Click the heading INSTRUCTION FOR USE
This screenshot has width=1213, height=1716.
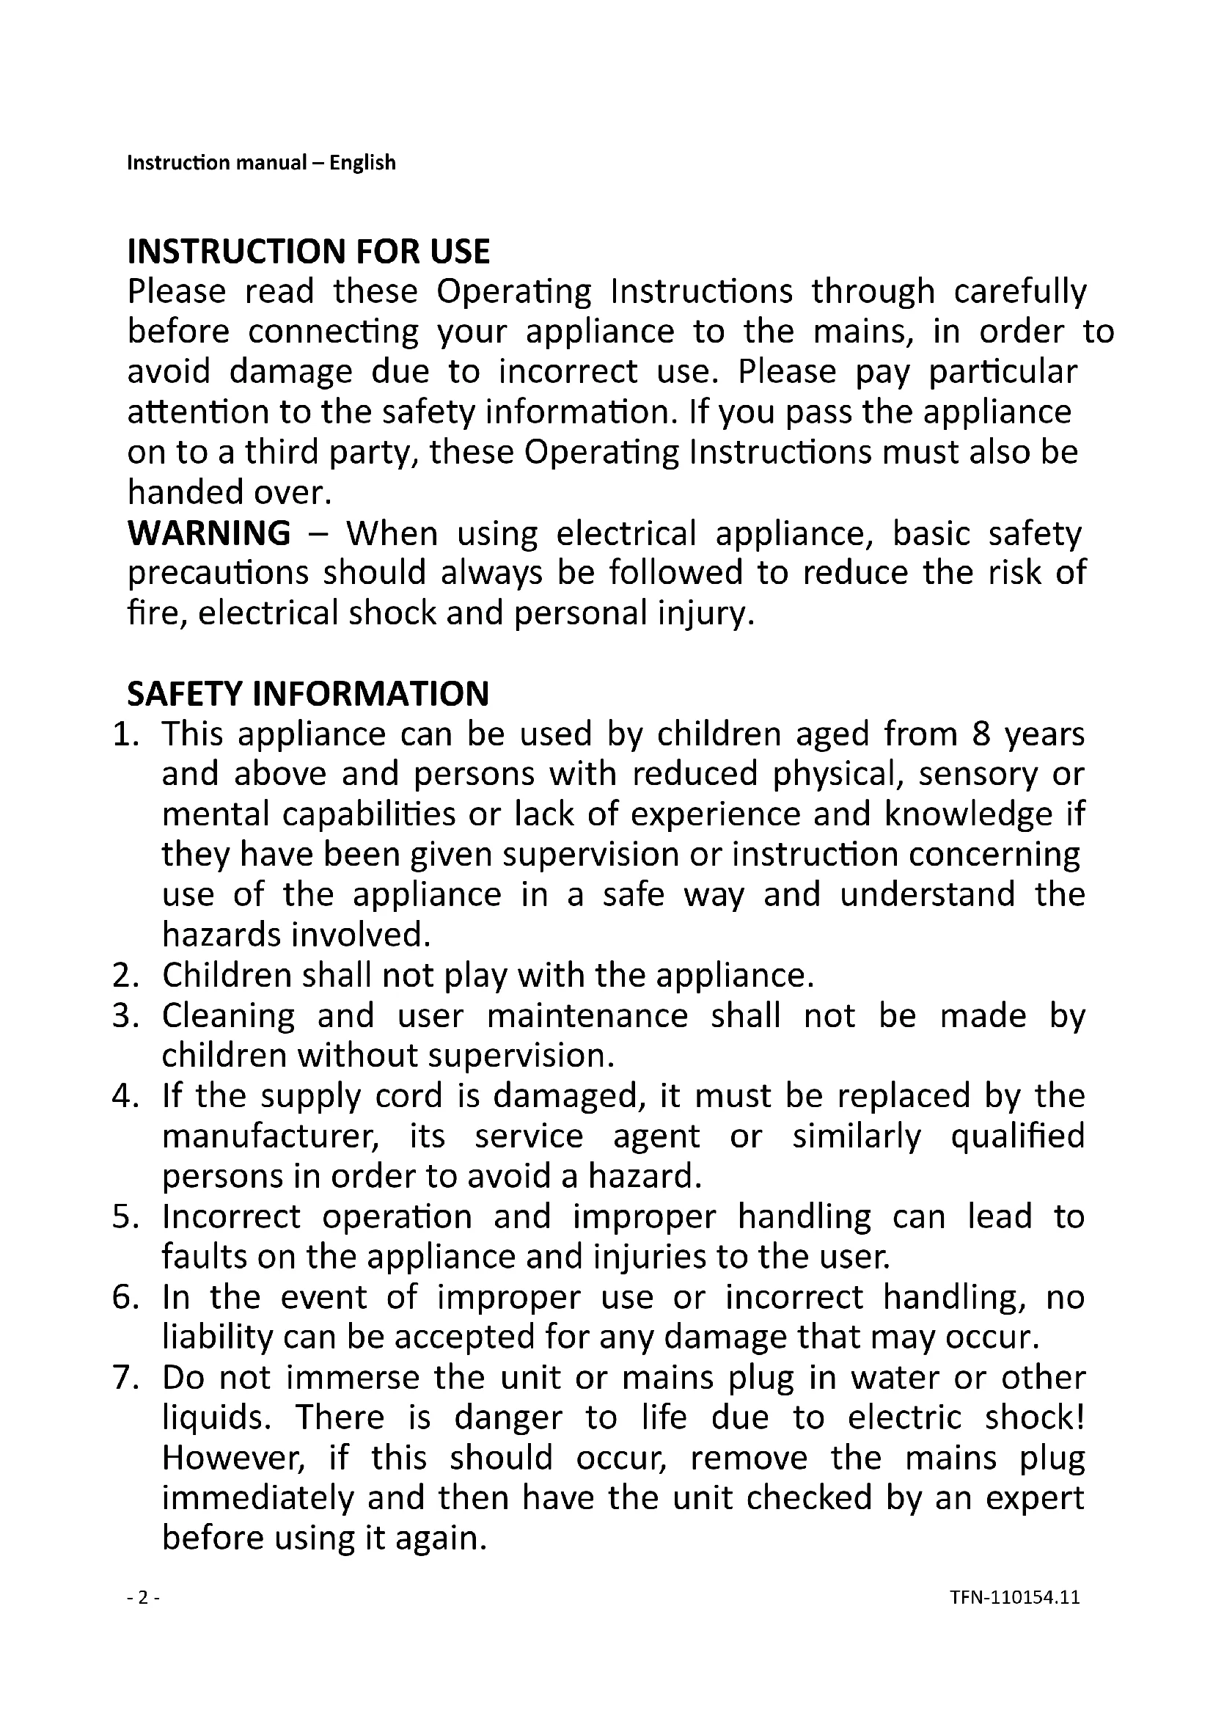pyautogui.click(x=309, y=252)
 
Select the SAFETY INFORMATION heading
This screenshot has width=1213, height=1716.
pyautogui.click(x=308, y=693)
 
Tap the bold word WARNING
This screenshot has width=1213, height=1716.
pyautogui.click(x=209, y=533)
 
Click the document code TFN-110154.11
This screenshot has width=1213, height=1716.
pyautogui.click(x=1015, y=1597)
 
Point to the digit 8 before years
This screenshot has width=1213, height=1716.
pyautogui.click(x=981, y=734)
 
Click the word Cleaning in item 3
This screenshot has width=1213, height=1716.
pyautogui.click(x=229, y=1015)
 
